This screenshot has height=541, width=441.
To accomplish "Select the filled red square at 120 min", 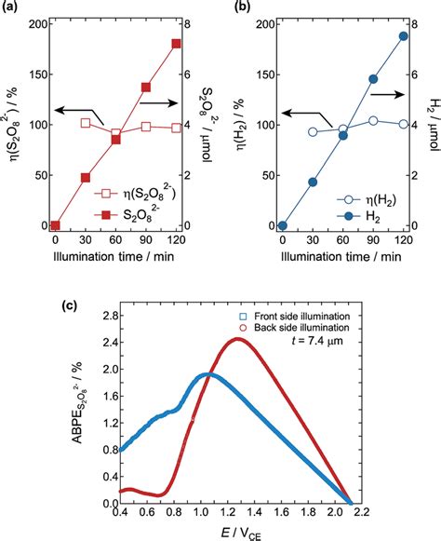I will pyautogui.click(x=176, y=44).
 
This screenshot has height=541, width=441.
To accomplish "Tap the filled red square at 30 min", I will pyautogui.click(x=86, y=177).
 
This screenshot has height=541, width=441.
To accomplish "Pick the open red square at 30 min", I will pyautogui.click(x=86, y=123).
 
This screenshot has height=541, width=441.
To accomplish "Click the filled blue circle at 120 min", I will pyautogui.click(x=403, y=36).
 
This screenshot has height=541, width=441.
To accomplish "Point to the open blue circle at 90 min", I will pyautogui.click(x=373, y=121).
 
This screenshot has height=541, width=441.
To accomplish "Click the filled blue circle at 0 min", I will pyautogui.click(x=283, y=225).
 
